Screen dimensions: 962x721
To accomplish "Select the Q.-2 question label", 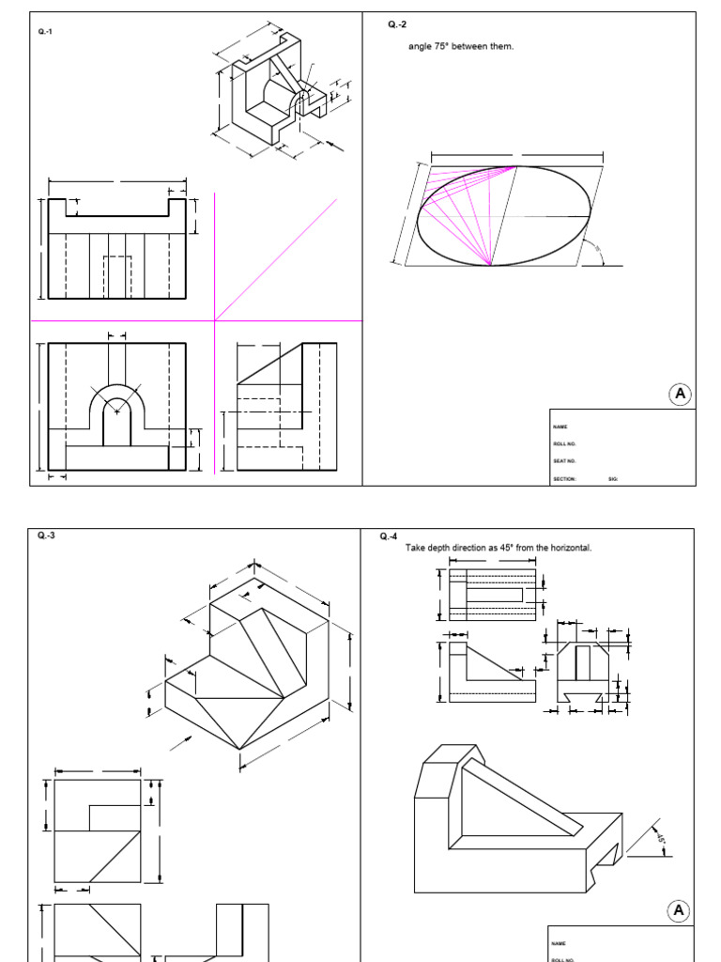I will [x=397, y=23].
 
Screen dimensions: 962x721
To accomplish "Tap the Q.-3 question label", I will [x=46, y=535].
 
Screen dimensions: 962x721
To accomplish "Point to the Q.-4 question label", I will [x=389, y=536].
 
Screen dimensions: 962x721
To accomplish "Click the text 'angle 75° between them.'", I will [x=461, y=46].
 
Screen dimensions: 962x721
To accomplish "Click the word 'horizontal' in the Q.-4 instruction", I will [x=570, y=548].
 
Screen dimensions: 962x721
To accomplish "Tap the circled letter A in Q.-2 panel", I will [x=680, y=394].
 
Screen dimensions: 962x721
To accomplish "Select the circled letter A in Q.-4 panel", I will [x=680, y=910].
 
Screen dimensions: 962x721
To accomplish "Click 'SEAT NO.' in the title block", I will [x=564, y=461].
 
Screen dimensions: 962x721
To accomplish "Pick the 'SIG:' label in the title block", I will [x=613, y=478].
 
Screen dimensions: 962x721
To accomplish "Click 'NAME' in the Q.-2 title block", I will [x=560, y=427].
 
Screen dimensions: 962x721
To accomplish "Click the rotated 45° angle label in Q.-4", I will [x=661, y=838].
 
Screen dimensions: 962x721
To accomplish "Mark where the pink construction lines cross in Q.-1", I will [x=215, y=321].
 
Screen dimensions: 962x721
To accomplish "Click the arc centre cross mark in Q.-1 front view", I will [x=116, y=411].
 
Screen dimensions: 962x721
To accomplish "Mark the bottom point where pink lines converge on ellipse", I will [x=491, y=265].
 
